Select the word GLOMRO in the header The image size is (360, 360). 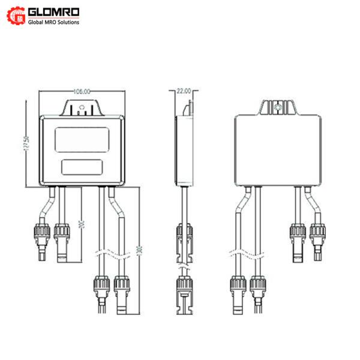click(x=56, y=12)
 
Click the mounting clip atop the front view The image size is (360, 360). click(x=82, y=109)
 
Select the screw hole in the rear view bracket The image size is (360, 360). click(x=277, y=108)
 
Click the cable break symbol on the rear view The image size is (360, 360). click(x=246, y=253)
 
